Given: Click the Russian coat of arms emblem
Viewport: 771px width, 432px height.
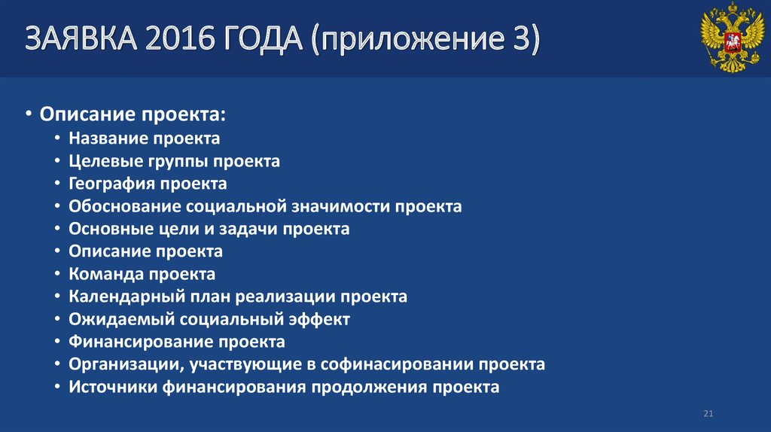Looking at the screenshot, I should pos(727,38).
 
